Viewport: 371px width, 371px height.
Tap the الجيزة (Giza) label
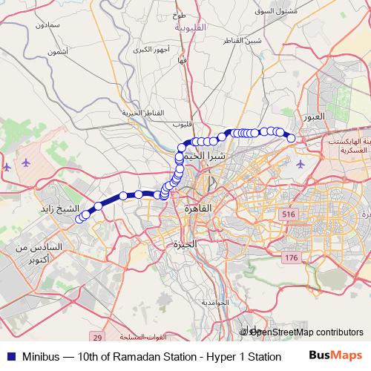pos(184,244)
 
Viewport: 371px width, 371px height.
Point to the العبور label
pos(315,118)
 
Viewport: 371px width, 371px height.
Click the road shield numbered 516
pos(288,214)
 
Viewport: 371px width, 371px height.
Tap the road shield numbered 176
pos(290,257)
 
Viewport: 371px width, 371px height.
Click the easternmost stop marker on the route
pos(292,138)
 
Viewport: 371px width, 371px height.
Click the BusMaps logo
pos(336,355)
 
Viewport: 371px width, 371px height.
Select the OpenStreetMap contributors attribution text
pos(306,332)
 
